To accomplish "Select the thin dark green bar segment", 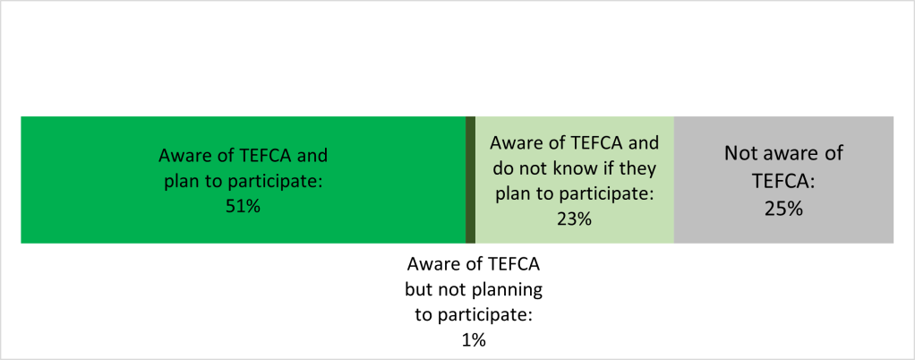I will point(470,179).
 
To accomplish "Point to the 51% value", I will point(244,205).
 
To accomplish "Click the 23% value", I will point(574,218).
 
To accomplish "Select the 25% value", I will point(783,210).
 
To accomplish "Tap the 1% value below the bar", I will point(474,340).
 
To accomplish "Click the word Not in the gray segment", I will point(740,154).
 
